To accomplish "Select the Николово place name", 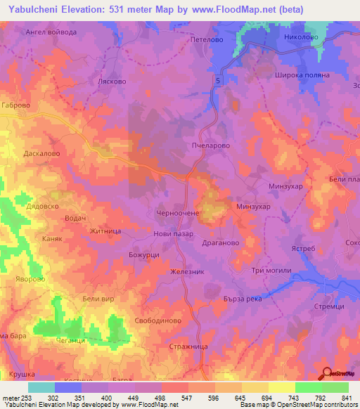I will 298,36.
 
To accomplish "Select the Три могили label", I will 270,272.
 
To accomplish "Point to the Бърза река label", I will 262,298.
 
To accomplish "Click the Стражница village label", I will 188,346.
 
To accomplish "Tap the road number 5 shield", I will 218,82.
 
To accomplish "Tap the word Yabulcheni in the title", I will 30,9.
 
